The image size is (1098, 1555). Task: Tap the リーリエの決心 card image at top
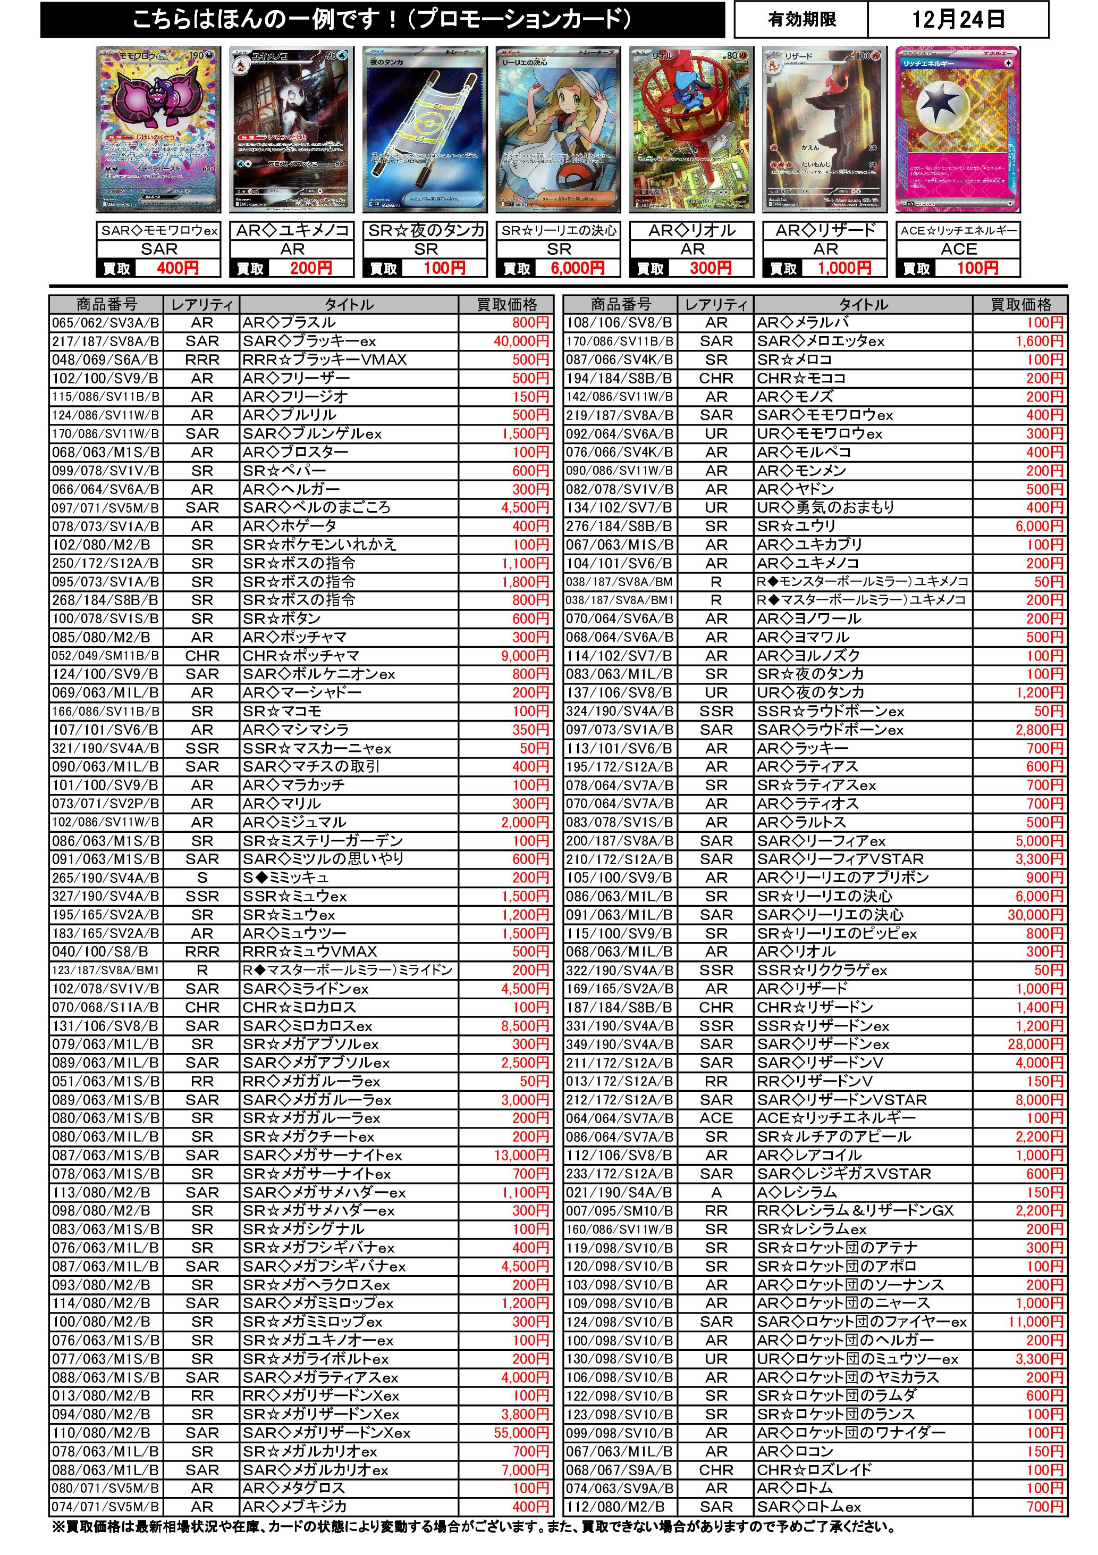click(559, 129)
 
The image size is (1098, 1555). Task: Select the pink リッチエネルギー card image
click(958, 129)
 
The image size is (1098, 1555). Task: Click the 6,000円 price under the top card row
click(577, 268)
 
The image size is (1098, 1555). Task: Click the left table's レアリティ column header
click(202, 305)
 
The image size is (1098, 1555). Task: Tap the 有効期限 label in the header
click(801, 19)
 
